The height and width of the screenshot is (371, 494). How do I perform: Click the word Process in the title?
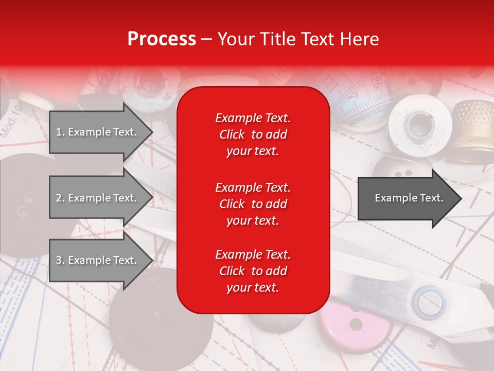[x=162, y=39]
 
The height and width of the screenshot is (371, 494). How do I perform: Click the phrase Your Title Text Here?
[x=298, y=39]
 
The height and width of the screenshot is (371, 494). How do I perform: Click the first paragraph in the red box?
[x=253, y=134]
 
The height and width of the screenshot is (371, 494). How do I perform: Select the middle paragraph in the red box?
[x=253, y=204]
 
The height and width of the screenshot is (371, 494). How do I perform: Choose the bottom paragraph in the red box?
[x=253, y=271]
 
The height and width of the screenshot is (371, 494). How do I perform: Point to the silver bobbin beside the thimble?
[x=419, y=124]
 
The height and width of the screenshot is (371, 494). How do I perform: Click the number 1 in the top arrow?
[x=58, y=132]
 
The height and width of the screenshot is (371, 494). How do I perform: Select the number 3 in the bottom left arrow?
[x=59, y=260]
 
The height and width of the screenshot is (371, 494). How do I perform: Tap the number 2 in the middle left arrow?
[x=59, y=198]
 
